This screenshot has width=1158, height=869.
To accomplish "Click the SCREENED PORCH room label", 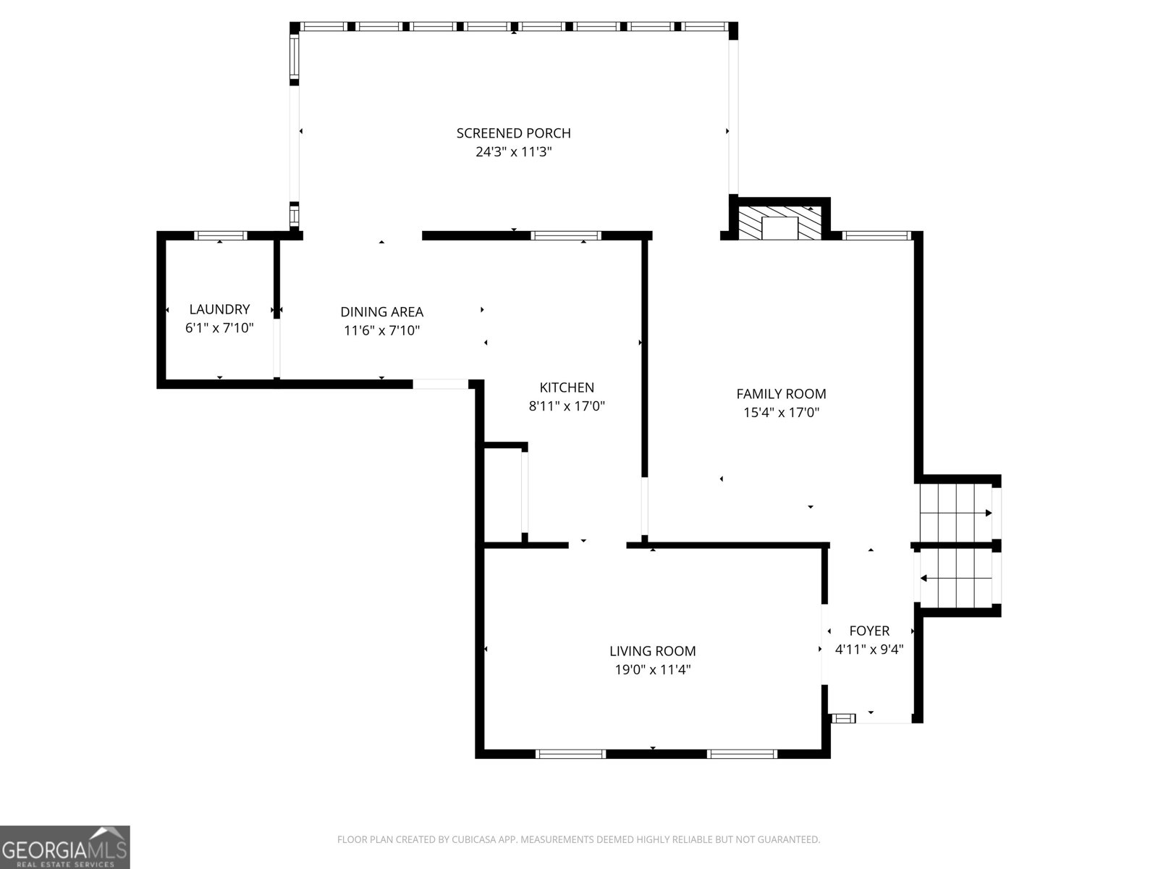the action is coord(513,133).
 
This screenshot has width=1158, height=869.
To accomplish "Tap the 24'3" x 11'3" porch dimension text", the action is coord(513,152).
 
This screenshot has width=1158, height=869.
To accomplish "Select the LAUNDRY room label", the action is coord(219,309).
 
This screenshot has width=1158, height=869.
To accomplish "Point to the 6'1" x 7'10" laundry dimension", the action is coord(219,328).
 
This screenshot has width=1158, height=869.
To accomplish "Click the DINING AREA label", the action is coord(382,312).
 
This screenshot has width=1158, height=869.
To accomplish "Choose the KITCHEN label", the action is coord(567,387).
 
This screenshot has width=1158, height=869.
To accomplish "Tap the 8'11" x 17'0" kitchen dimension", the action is coord(567,406).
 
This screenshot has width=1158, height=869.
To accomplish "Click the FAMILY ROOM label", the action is coord(782,394).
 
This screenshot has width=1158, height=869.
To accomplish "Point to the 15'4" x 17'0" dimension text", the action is coord(782,413).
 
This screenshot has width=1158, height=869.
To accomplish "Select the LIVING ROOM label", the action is coord(653,651).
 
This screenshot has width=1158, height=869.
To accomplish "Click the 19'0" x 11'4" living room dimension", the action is coord(653,670).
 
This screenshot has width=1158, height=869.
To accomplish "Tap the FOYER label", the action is coord(869,631).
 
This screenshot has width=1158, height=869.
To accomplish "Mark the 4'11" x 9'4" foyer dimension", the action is coord(869,650).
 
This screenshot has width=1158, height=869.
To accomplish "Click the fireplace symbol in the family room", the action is coord(779,222).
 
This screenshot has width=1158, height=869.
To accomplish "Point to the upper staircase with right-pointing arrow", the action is coord(955,512).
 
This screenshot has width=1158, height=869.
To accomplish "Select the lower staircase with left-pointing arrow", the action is coord(955,578).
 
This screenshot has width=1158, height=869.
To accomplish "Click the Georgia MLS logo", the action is coord(65,847).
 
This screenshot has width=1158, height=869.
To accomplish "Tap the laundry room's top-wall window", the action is coord(220,235).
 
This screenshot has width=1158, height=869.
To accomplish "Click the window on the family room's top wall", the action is coord(876,235).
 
